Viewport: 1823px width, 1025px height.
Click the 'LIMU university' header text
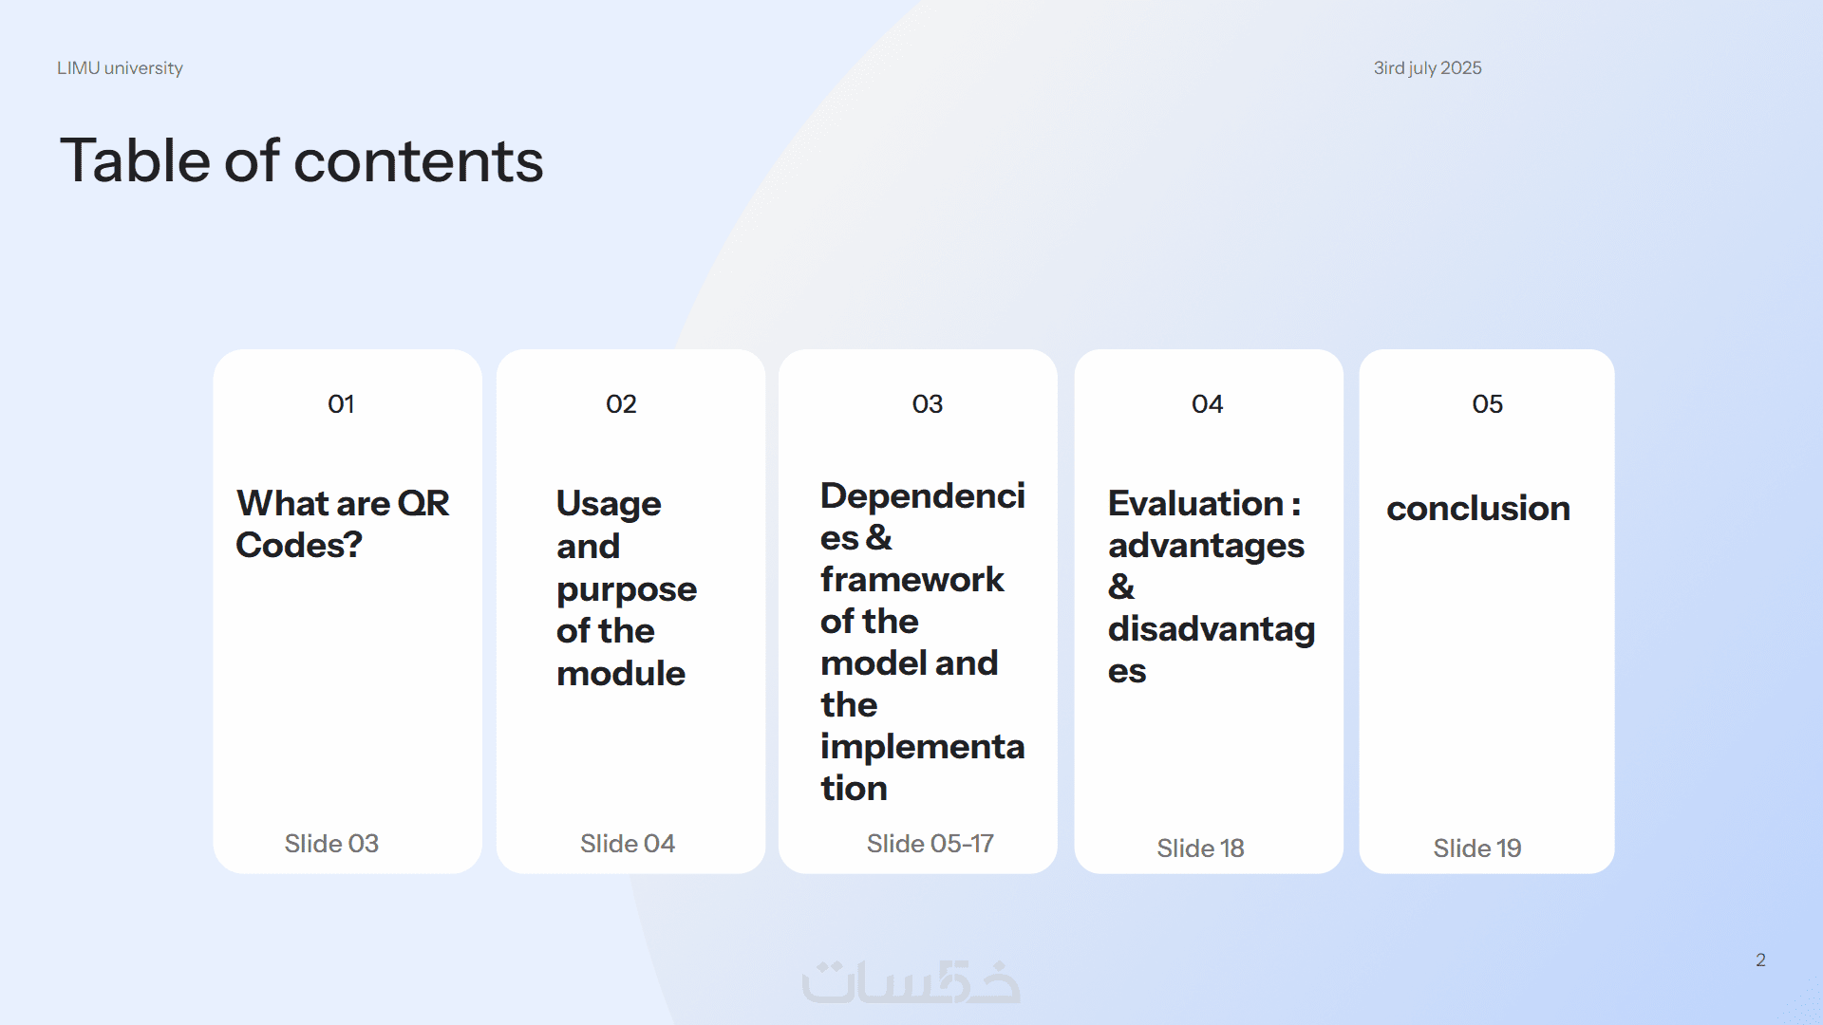click(120, 68)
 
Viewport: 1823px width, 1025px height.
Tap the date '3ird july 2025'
click(1427, 68)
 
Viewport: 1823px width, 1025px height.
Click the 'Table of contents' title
click(302, 159)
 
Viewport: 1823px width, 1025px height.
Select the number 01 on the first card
click(341, 404)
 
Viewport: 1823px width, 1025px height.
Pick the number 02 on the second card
click(621, 404)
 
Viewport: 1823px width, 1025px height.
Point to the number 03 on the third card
click(928, 404)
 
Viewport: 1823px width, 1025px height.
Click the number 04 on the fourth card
click(1207, 404)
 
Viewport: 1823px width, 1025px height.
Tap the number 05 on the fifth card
click(1487, 404)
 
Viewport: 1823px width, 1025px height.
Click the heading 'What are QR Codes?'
click(343, 524)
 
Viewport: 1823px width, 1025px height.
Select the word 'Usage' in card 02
click(609, 504)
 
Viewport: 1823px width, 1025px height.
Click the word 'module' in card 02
click(621, 673)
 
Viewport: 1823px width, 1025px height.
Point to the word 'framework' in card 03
click(912, 579)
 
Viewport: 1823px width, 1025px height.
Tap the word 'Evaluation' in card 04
click(1195, 503)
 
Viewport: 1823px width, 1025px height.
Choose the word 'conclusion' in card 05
click(1478, 509)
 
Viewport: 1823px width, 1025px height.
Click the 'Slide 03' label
click(331, 844)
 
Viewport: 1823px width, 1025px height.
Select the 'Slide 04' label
click(628, 844)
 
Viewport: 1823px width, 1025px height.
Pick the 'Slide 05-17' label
click(930, 844)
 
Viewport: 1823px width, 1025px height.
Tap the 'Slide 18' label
click(1200, 848)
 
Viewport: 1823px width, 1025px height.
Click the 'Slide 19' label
click(1477, 848)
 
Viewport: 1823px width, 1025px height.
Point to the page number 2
click(1760, 960)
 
